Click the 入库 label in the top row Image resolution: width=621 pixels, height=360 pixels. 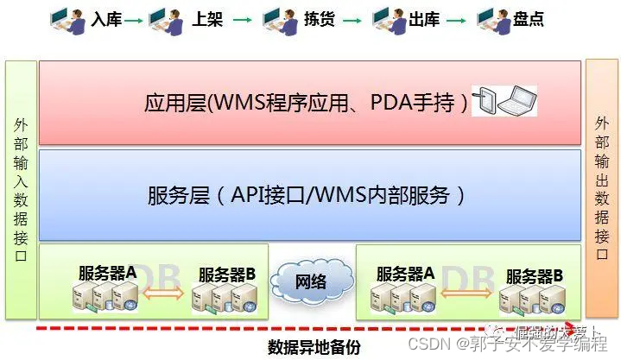(106, 19)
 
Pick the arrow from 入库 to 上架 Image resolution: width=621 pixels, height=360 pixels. (134, 19)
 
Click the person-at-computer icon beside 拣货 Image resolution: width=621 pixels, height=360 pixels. (278, 19)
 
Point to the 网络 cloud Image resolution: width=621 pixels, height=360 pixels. (312, 281)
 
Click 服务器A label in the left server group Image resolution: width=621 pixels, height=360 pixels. (107, 272)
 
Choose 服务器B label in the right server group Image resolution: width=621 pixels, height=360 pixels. (535, 275)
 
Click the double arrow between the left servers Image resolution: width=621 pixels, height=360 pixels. (162, 296)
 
